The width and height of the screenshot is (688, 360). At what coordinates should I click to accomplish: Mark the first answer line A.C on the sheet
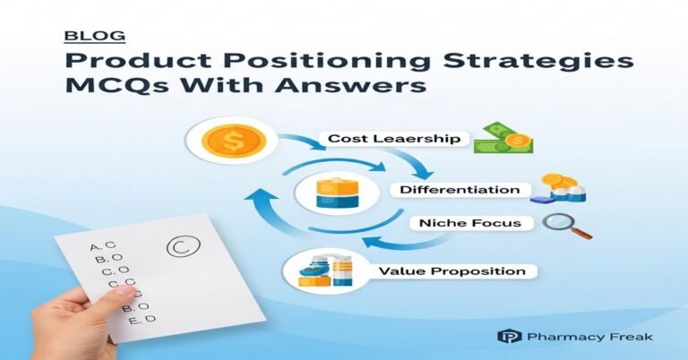point(103,246)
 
